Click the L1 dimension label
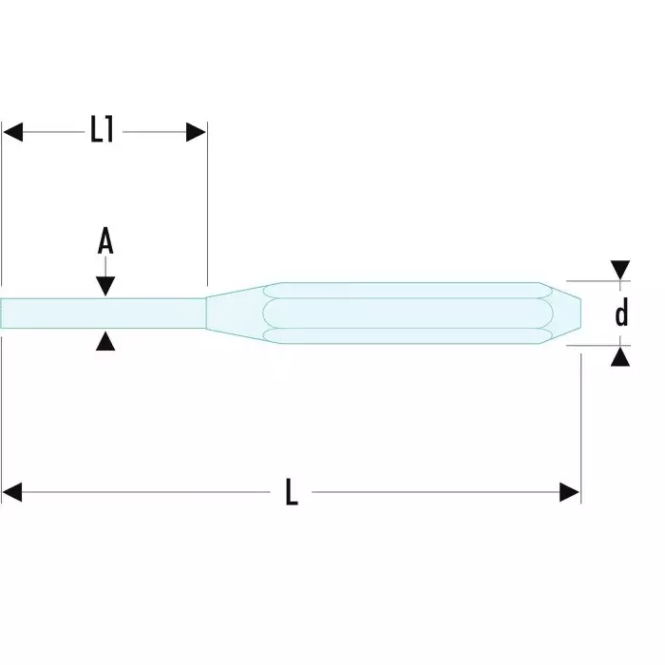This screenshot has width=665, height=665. pos(103,131)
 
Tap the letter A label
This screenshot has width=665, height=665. pos(105,242)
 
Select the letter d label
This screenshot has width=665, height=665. pos(621,313)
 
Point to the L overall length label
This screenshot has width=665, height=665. pos(292,492)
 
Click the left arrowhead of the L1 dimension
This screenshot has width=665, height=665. pos(12,132)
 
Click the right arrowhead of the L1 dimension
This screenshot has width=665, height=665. pos(196,132)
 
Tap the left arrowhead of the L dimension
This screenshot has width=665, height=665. pos(12,492)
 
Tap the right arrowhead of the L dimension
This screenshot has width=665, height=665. pos(569,492)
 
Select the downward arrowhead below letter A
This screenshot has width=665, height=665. pos(105,285)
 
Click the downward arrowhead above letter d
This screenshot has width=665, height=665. pos(620,271)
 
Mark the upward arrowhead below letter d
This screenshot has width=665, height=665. pos(620,356)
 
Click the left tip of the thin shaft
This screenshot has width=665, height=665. pos(4,313)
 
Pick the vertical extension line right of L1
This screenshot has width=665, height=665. pos(206,209)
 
